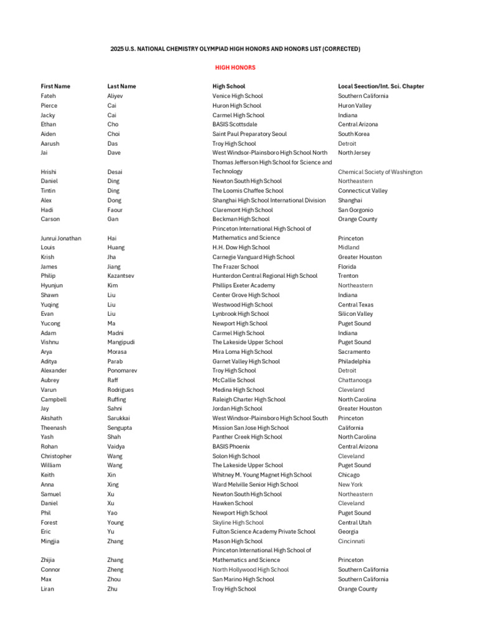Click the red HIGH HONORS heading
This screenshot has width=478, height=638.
[235, 67]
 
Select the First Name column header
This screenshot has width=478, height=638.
[55, 87]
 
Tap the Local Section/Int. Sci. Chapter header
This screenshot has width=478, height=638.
[381, 87]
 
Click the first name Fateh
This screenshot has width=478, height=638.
[49, 96]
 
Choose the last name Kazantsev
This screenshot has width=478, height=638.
[121, 276]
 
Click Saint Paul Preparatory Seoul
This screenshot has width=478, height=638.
[249, 134]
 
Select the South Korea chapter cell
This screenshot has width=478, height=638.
[354, 134]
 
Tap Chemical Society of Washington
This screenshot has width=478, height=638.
[380, 172]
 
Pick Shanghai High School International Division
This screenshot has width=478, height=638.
[268, 201]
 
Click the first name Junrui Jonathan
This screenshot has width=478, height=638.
[61, 238]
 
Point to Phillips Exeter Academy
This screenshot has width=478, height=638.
[243, 285]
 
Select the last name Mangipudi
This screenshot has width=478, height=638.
[121, 342]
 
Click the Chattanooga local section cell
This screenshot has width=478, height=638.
[355, 380]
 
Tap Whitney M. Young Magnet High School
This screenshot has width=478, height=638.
[262, 475]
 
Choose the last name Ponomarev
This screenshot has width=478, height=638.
[122, 371]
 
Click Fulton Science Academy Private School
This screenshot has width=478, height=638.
[264, 531]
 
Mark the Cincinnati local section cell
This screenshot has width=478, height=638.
[352, 541]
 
